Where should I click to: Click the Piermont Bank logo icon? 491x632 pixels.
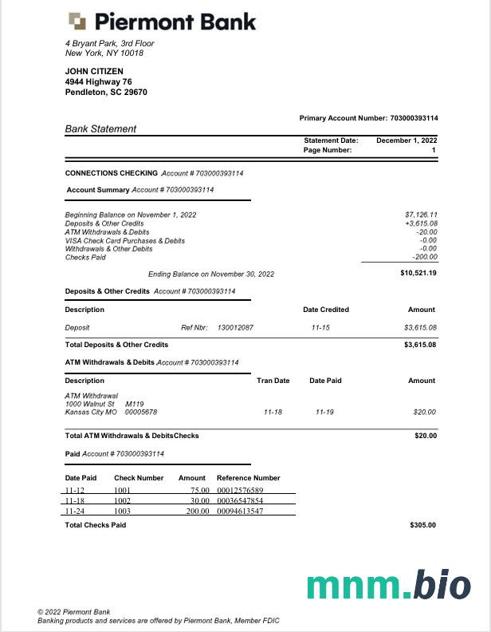tap(77, 21)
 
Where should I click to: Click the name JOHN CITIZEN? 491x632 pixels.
tap(94, 71)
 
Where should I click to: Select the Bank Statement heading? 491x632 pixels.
tap(100, 128)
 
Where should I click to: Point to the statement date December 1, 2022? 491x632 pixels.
tap(407, 140)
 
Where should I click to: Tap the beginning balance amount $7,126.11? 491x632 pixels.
tap(421, 215)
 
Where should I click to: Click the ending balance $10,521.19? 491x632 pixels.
tap(418, 273)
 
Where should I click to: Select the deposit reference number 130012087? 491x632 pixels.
tap(235, 327)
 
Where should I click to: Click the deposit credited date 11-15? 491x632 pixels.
tap(322, 327)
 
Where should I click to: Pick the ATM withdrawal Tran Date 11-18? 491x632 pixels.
tap(273, 412)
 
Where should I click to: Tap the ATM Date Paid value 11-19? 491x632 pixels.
tap(324, 412)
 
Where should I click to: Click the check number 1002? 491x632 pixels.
tap(123, 500)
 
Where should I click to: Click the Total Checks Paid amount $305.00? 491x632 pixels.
tap(422, 525)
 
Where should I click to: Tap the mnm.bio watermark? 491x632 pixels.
tap(389, 585)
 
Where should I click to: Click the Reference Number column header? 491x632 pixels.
tap(248, 478)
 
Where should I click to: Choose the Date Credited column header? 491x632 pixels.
tap(325, 310)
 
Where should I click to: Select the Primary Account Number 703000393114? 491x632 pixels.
tap(413, 118)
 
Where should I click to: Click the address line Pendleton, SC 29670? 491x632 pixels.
tap(106, 92)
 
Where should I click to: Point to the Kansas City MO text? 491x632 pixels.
tap(91, 412)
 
